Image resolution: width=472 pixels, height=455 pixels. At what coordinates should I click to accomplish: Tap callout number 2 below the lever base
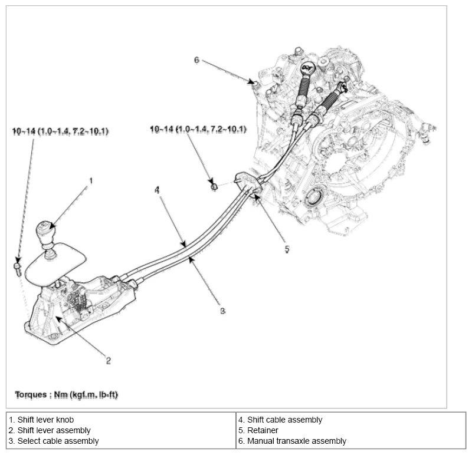(x=109, y=360)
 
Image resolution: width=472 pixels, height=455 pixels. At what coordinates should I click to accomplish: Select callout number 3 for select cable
(x=222, y=311)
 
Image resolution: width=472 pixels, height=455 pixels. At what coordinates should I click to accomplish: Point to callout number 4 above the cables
(x=157, y=190)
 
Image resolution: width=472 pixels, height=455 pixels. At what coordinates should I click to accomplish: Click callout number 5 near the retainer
(x=287, y=249)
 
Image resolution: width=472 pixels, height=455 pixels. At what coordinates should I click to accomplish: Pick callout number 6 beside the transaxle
(x=197, y=60)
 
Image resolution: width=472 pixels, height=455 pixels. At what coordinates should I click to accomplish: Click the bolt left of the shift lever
(x=18, y=269)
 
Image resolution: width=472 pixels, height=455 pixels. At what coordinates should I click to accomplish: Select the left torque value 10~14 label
(x=60, y=131)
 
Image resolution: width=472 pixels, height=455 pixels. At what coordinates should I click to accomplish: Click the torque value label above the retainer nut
(x=198, y=129)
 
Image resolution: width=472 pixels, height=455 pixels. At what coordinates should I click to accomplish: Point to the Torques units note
(x=65, y=393)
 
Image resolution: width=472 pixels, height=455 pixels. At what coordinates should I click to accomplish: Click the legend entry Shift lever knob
(x=41, y=420)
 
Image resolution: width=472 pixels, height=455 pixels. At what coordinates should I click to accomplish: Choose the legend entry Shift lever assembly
(x=49, y=431)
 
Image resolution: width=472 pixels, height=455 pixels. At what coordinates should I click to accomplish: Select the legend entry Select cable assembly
(x=53, y=441)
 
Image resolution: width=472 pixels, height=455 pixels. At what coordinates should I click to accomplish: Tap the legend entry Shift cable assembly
(x=280, y=420)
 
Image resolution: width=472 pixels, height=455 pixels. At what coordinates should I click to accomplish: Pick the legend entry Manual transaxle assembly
(x=292, y=441)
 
